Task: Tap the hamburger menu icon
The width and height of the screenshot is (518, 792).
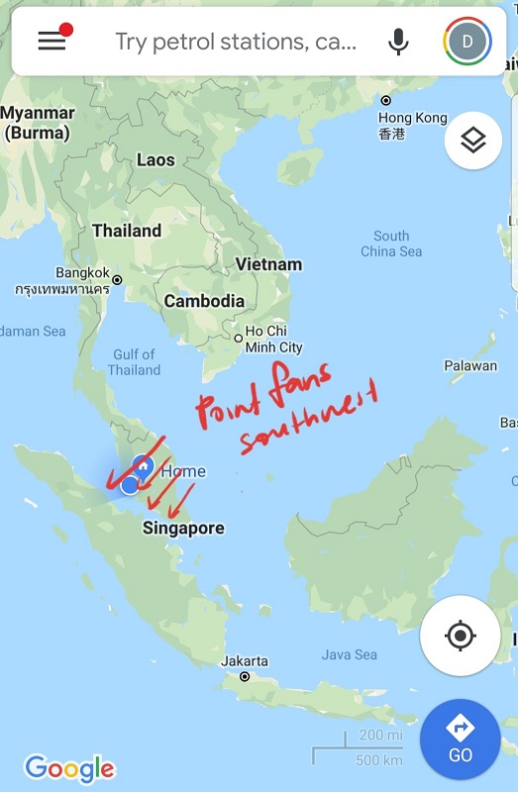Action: (x=52, y=41)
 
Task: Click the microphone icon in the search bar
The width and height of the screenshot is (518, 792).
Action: (x=398, y=42)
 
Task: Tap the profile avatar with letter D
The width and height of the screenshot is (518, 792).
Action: (x=467, y=41)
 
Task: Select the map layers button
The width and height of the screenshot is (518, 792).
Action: (x=472, y=142)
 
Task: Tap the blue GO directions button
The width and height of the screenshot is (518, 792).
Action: (x=460, y=739)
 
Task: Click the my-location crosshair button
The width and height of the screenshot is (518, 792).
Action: (x=460, y=636)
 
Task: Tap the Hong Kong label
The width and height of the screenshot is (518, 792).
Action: (x=412, y=118)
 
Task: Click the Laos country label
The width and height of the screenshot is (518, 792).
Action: (x=155, y=159)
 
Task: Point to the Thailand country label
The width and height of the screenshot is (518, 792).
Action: (x=127, y=231)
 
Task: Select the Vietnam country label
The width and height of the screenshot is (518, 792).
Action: (x=268, y=264)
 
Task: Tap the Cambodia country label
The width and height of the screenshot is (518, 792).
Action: (x=204, y=301)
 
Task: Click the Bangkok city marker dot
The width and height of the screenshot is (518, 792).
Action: (x=117, y=280)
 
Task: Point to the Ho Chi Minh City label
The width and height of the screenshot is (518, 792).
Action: (x=273, y=340)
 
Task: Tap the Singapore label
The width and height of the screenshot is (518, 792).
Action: (x=183, y=529)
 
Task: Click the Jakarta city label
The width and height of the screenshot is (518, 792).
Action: (x=245, y=660)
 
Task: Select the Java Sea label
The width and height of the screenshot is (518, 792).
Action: (x=349, y=654)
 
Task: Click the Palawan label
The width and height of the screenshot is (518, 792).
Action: (x=470, y=365)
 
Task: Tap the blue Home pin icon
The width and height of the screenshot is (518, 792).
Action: (x=143, y=464)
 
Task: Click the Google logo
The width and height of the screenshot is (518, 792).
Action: (x=69, y=767)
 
